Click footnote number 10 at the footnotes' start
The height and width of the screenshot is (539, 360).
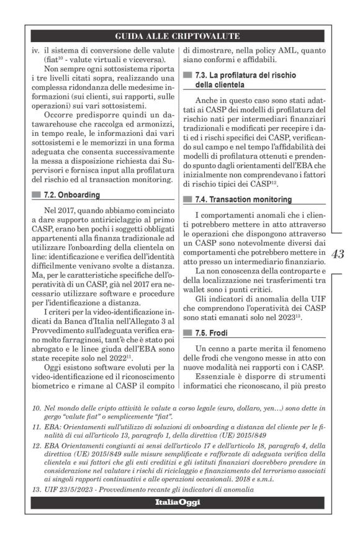pos(36,411)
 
